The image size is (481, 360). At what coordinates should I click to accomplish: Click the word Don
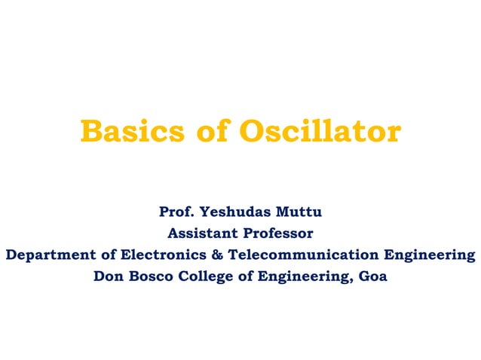click(107, 276)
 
